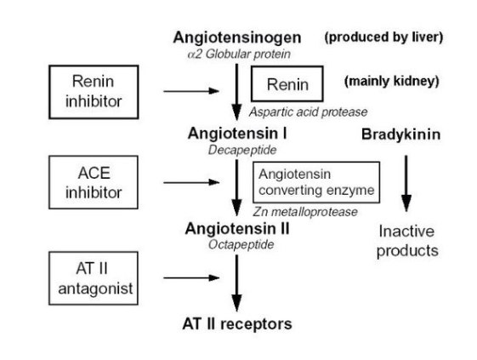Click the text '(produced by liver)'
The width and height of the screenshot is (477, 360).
pyautogui.click(x=394, y=38)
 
